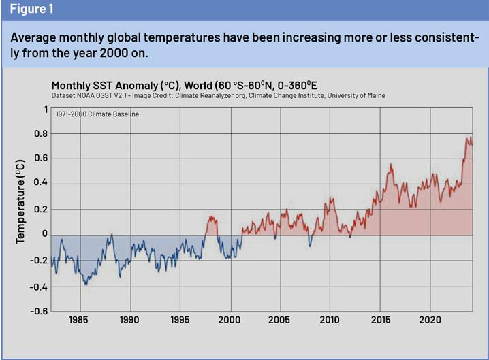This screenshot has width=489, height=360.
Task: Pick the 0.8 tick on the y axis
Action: coord(41,134)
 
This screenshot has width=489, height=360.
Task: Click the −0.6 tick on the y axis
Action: coord(37,312)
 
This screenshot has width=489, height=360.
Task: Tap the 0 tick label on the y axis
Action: coord(45,235)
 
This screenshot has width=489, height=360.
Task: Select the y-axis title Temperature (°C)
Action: coord(21,201)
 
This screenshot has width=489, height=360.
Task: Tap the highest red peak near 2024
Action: coord(468,137)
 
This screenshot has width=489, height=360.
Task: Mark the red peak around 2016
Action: coord(391,164)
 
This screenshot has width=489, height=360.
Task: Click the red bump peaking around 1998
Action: coord(211,216)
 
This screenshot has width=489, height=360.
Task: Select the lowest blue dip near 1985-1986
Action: coord(86,284)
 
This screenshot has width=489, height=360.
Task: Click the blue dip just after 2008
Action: coord(309,246)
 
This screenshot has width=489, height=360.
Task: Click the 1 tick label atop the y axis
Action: coord(46,109)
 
